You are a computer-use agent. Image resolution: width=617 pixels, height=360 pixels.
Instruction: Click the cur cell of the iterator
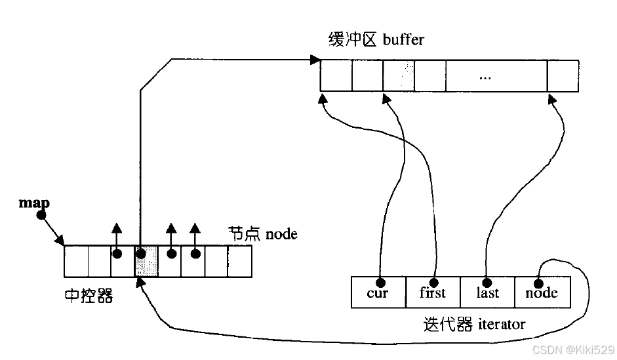click(378, 292)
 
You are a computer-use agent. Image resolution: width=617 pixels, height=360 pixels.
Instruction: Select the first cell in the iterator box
click(432, 292)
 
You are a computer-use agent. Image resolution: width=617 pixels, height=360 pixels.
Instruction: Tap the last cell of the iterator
click(487, 292)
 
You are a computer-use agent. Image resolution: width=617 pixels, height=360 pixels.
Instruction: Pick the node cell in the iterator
click(542, 292)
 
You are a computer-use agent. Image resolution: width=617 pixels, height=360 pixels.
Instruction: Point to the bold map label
click(30, 203)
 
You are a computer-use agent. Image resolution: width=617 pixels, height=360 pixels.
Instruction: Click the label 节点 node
click(262, 233)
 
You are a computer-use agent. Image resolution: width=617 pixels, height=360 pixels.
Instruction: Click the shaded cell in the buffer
click(399, 75)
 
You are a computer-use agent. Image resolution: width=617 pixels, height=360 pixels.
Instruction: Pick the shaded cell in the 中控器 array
click(146, 261)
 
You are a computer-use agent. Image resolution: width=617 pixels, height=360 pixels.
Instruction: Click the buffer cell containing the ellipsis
click(485, 75)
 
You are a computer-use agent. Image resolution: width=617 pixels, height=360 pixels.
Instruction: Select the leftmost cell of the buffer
click(336, 75)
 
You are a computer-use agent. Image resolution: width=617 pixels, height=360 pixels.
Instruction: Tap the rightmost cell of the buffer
click(563, 75)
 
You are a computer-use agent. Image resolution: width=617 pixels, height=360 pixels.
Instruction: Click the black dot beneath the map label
click(41, 214)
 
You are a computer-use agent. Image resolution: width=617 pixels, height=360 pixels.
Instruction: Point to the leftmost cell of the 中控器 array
click(76, 261)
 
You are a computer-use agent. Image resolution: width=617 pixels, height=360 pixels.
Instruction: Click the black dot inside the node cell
click(538, 283)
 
